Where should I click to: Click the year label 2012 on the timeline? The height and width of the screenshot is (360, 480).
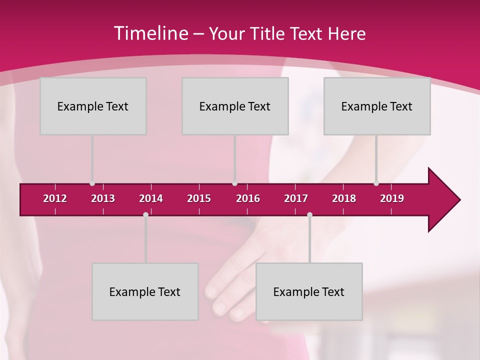point(55,198)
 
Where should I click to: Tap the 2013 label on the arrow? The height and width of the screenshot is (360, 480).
point(103,198)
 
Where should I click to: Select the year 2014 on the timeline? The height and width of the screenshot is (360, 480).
point(151,198)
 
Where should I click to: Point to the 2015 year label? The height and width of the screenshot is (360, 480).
point(199,198)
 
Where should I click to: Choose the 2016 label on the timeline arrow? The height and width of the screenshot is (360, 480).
point(248,198)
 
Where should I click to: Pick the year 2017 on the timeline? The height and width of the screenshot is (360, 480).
point(296,198)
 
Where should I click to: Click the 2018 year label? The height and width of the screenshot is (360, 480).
point(344,198)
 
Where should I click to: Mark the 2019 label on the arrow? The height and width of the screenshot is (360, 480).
point(392,198)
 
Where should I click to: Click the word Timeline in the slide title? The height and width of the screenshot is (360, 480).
point(150,33)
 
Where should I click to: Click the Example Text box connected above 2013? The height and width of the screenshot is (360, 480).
point(93,106)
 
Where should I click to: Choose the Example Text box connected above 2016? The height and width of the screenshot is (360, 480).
point(235,106)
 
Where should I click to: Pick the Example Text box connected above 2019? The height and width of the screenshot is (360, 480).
point(377,106)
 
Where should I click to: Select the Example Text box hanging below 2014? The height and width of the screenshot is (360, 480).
point(145,291)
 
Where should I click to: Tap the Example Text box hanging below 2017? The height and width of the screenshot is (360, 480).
point(309,291)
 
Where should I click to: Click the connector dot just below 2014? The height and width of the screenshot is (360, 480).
point(145,214)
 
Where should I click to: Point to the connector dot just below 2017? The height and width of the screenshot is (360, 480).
point(309,214)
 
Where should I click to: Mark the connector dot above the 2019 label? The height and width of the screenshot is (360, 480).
point(376,183)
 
